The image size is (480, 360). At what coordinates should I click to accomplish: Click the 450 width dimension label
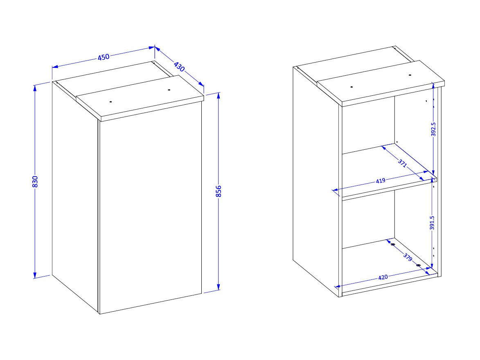click(x=104, y=57)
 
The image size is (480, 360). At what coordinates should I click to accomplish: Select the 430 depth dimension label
click(x=179, y=67)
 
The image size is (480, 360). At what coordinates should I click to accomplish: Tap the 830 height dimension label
click(x=35, y=182)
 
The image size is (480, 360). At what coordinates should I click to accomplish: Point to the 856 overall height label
click(x=218, y=191)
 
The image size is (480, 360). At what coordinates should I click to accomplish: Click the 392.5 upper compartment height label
click(x=433, y=129)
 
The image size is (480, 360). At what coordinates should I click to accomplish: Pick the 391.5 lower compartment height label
click(x=432, y=223)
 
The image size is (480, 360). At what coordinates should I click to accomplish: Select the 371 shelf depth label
click(x=402, y=163)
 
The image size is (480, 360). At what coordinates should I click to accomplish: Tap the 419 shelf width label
click(x=381, y=181)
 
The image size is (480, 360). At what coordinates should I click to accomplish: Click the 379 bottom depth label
click(x=408, y=257)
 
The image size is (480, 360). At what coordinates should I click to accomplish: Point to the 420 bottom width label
click(x=383, y=277)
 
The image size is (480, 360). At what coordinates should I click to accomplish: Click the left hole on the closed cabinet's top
click(x=111, y=101)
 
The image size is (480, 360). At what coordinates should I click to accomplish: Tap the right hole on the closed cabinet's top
click(x=169, y=90)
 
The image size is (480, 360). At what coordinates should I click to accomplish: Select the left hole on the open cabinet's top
click(x=352, y=87)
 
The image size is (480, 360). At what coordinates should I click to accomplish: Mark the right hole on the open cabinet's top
click(x=409, y=75)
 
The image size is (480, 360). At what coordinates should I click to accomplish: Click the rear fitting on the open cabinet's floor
click(x=392, y=244)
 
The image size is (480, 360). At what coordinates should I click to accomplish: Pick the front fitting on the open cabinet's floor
click(x=419, y=265)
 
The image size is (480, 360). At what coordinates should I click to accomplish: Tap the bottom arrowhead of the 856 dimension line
click(x=218, y=287)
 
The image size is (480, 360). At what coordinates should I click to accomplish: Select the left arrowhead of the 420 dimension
click(x=338, y=287)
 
